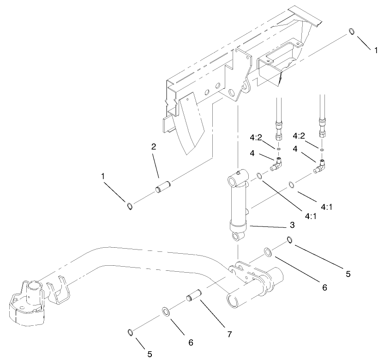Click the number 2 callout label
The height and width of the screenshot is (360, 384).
click(154, 147)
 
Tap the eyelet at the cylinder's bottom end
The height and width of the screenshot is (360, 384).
click(238, 238)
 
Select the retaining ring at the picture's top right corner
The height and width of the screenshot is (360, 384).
click(351, 31)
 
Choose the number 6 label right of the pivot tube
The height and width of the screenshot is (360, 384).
click(324, 287)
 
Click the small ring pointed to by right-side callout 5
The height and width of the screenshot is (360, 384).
click(289, 240)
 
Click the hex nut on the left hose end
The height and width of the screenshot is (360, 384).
click(279, 137)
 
